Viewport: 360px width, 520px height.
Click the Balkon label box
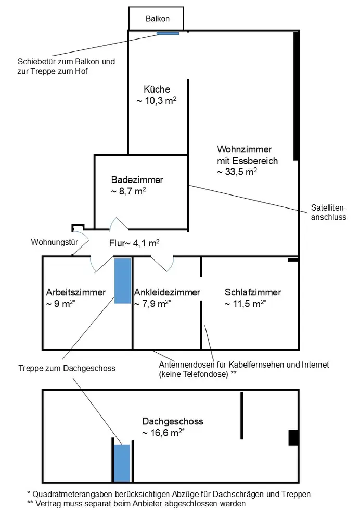click(156, 19)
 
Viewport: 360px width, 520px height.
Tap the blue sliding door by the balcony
click(168, 33)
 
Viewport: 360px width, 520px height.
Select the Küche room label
click(157, 89)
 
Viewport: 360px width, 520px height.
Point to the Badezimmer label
click(137, 180)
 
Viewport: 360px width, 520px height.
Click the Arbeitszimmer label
click(75, 292)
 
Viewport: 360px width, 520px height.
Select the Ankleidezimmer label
click(166, 292)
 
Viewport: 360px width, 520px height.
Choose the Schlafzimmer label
click(253, 292)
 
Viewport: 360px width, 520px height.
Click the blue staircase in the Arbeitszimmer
click(123, 281)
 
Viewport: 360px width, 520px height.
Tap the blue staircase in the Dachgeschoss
click(122, 463)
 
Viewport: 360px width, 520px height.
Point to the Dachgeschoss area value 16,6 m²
click(163, 432)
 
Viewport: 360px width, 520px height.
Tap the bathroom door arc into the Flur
click(118, 225)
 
